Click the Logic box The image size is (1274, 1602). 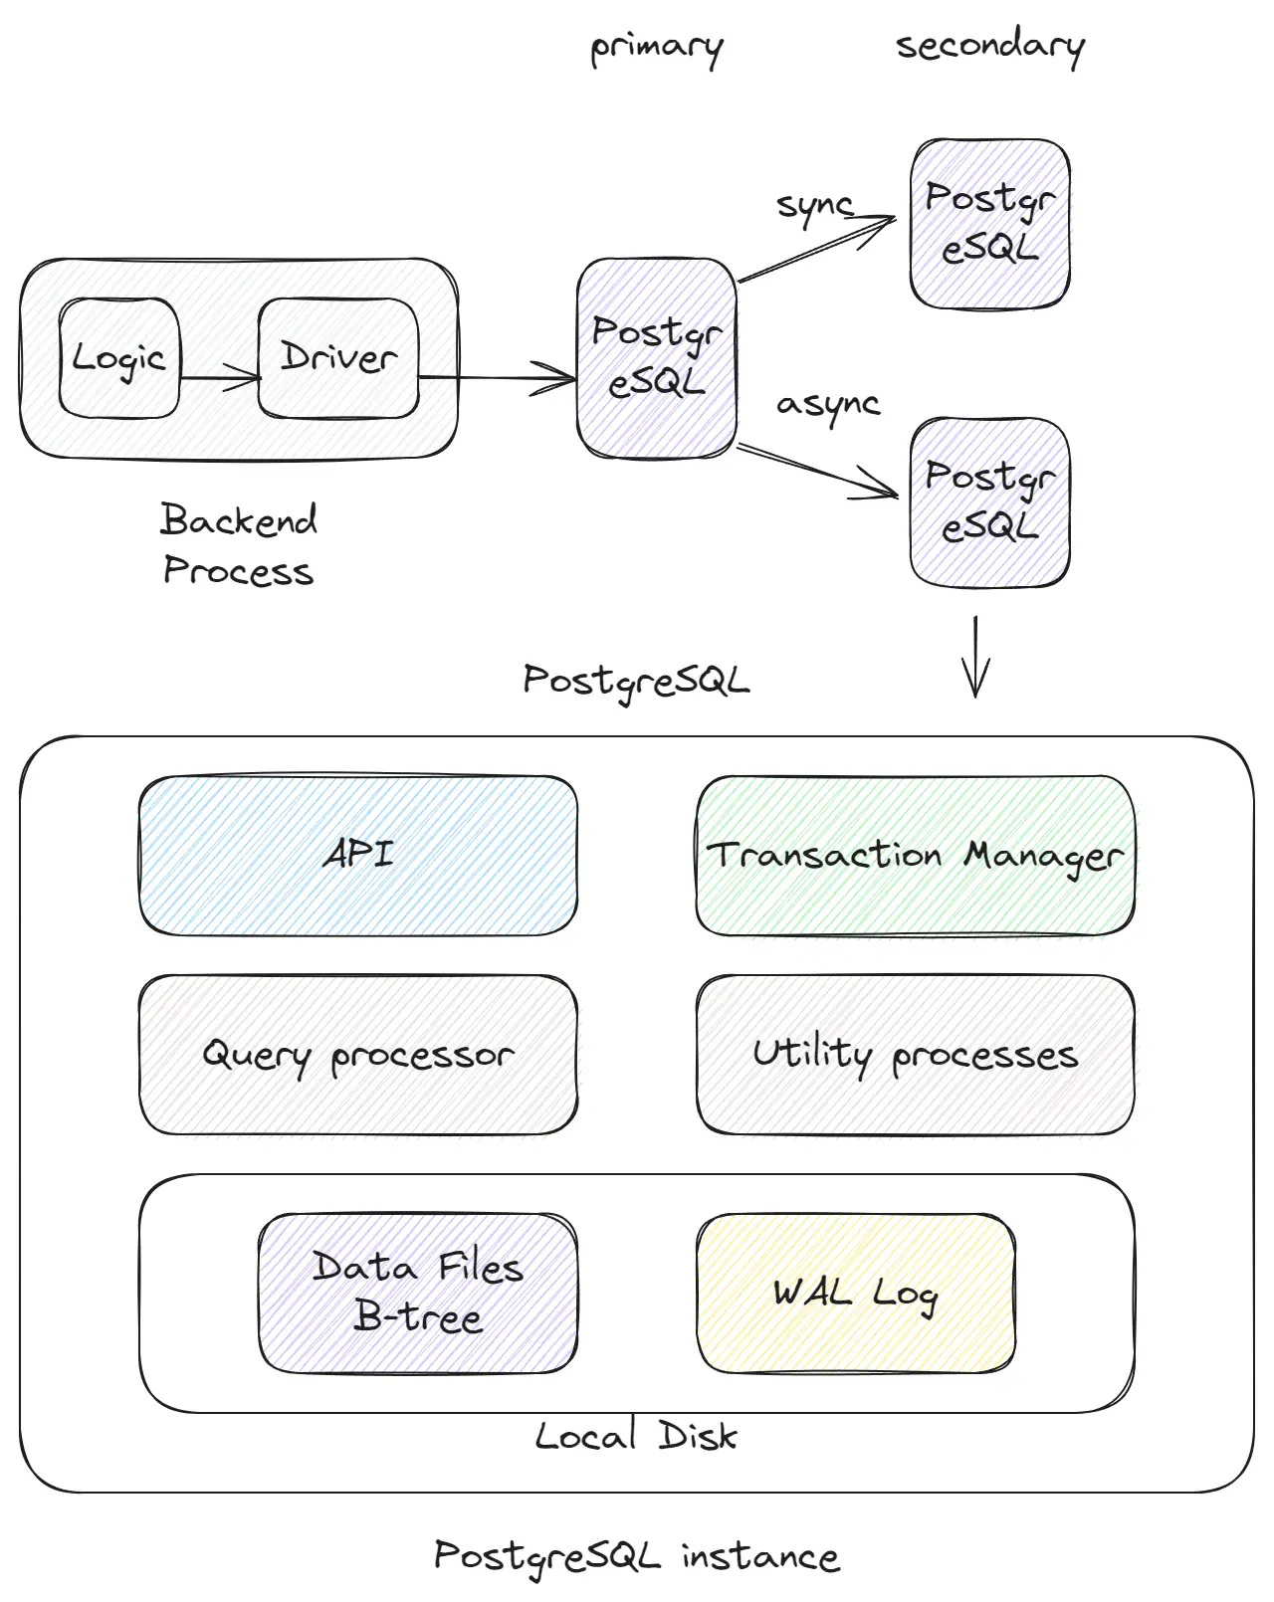click(119, 358)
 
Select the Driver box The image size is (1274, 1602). click(338, 358)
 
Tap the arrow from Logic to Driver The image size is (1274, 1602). click(219, 378)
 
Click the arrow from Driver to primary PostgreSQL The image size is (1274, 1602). click(498, 378)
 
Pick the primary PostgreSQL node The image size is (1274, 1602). click(657, 358)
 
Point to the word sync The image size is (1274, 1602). click(814, 207)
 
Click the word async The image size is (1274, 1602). click(828, 404)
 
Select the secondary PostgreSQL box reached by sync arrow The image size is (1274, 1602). click(990, 224)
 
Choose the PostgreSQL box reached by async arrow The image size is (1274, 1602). click(990, 502)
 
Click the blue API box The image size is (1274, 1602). click(358, 856)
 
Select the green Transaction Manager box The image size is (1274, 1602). click(916, 856)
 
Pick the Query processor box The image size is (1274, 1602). click(358, 1055)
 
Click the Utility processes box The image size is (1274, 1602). click(916, 1055)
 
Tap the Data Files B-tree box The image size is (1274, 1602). click(418, 1294)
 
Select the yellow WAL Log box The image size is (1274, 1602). click(856, 1294)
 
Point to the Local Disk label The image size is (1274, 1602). click(637, 1437)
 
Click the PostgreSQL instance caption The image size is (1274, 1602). click(637, 1556)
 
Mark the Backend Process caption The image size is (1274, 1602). click(239, 545)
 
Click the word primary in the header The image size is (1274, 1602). click(657, 48)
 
